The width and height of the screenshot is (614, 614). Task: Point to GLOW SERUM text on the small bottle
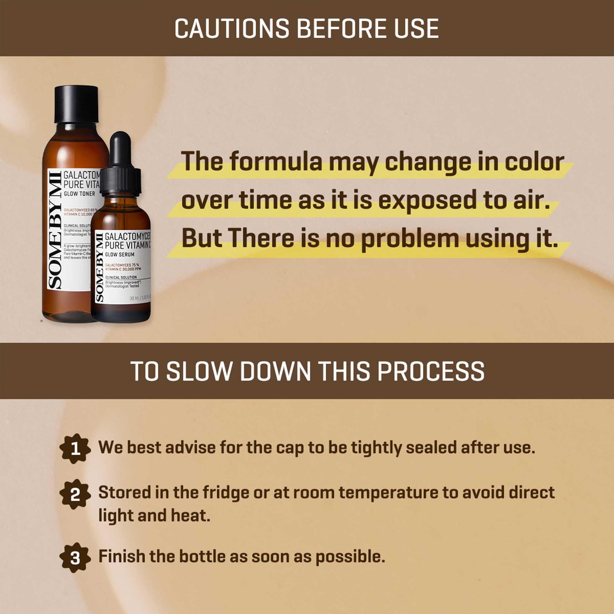tap(119, 255)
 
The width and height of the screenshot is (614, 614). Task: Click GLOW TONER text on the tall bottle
tap(79, 194)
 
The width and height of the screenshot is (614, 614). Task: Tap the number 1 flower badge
tap(75, 448)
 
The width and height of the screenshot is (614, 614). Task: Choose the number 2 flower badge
tap(75, 494)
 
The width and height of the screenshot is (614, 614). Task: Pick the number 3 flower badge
tap(75, 557)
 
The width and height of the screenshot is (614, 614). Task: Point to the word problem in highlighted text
tap(410, 239)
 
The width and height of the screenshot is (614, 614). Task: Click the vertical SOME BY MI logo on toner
tap(54, 229)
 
